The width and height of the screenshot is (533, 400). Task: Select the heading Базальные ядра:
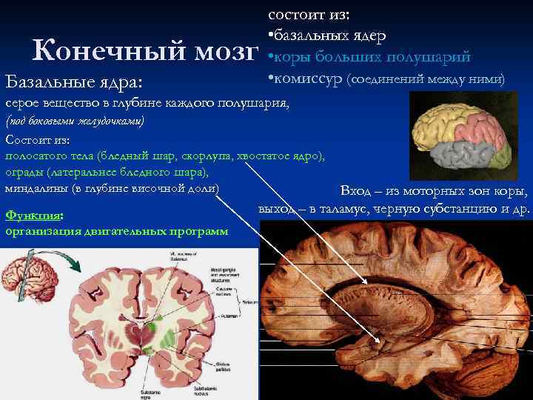74,80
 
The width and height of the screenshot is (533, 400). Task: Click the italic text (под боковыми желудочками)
75,121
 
